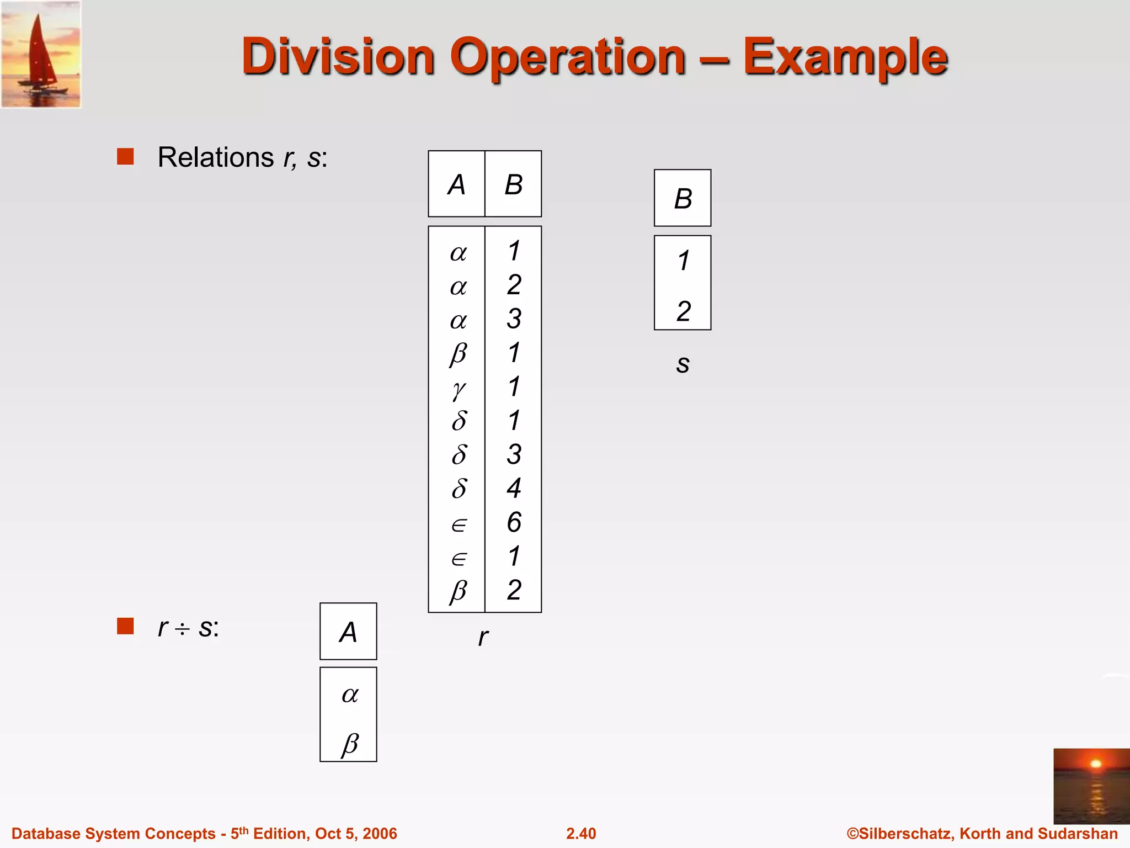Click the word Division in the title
(338, 56)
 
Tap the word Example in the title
(845, 57)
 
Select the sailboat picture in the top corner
(41, 54)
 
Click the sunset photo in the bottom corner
(1091, 786)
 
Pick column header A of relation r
(456, 184)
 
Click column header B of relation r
(513, 184)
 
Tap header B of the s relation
(683, 198)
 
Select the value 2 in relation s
(684, 311)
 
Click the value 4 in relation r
(514, 488)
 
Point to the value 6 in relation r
(514, 522)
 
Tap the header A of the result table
(348, 632)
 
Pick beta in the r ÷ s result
(350, 743)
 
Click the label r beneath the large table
(483, 637)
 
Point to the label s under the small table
(683, 364)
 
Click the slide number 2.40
(581, 834)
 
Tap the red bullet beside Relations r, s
(125, 157)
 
